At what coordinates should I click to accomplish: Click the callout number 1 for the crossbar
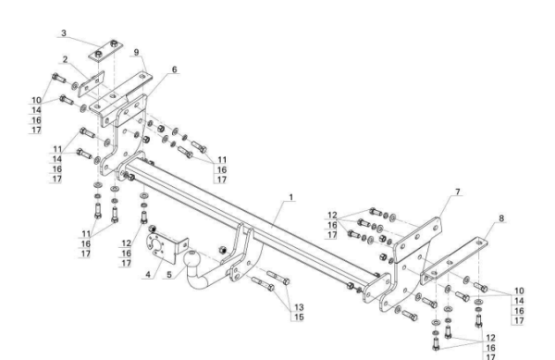(291, 197)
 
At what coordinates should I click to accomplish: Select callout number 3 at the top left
(64, 33)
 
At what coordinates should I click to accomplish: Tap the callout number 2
(65, 59)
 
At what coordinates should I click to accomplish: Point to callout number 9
(137, 53)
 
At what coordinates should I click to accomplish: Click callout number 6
(174, 69)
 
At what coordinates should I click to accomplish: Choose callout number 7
(458, 192)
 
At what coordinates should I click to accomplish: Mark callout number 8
(501, 218)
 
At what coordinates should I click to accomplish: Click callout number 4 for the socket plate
(148, 274)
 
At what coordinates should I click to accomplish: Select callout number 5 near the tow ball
(169, 274)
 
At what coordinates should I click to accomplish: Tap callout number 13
(299, 307)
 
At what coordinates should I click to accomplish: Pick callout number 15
(299, 317)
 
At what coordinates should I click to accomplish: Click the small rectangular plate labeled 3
(105, 50)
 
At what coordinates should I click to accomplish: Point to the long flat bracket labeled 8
(454, 260)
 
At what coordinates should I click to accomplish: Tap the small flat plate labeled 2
(91, 83)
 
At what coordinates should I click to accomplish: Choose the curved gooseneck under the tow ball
(210, 279)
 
